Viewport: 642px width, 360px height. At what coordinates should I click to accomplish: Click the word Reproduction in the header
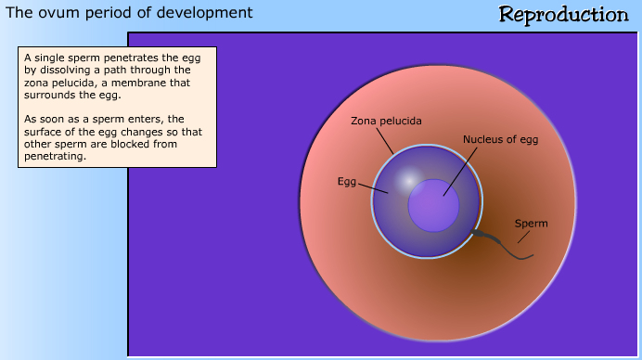click(x=563, y=14)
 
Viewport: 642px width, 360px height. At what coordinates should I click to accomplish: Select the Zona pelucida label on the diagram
click(x=386, y=122)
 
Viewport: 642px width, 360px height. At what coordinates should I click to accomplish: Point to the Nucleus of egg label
click(x=500, y=140)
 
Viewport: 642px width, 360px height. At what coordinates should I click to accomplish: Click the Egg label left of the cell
click(x=346, y=181)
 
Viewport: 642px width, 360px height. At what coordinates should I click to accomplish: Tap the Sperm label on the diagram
click(x=531, y=224)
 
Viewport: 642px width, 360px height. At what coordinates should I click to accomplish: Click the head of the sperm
click(x=479, y=232)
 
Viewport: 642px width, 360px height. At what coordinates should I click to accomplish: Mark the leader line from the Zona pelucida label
click(x=388, y=140)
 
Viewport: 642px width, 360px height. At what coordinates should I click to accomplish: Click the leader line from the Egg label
click(x=372, y=187)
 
